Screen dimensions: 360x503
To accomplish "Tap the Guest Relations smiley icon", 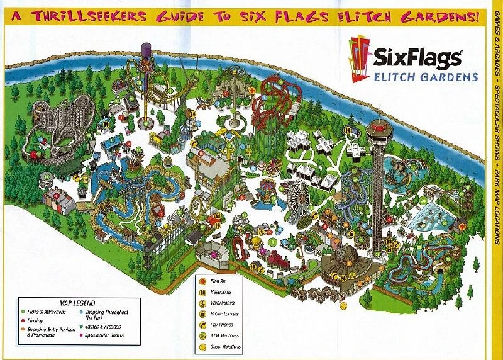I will [x=203, y=347].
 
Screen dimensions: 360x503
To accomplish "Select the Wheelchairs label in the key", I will [x=224, y=303].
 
